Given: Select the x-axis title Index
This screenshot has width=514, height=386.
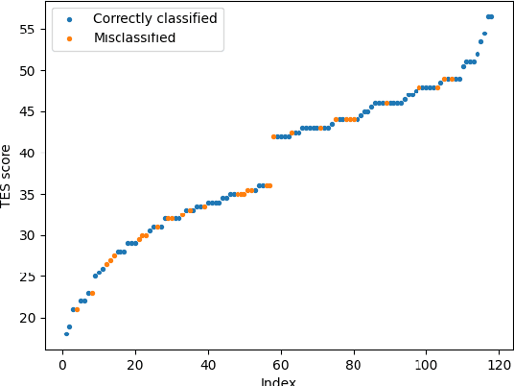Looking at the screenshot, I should tap(278, 381).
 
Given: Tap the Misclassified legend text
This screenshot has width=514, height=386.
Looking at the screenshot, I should tap(134, 37).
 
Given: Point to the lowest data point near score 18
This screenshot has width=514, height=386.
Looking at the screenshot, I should tap(66, 334).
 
